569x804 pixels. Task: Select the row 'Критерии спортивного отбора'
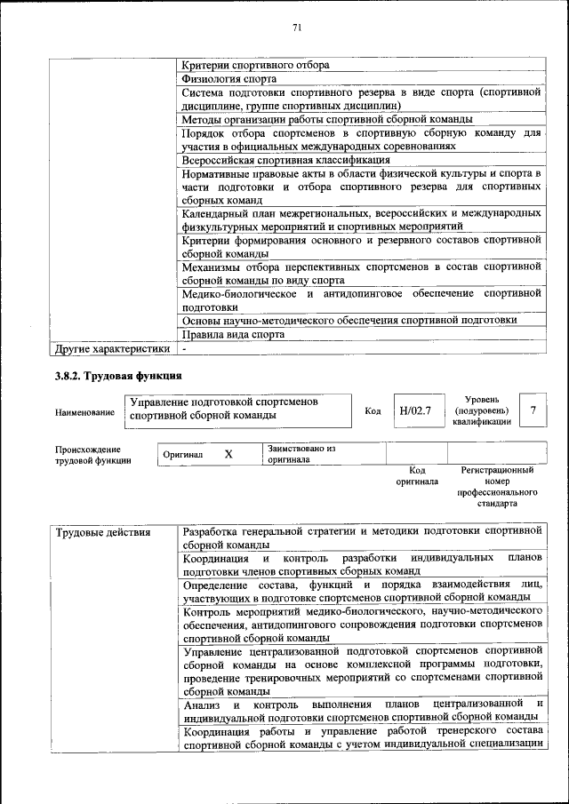[256, 66]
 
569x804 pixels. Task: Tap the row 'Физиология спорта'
[230, 79]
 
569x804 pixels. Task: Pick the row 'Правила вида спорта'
[234, 335]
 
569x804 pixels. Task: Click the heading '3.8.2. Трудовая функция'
[118, 376]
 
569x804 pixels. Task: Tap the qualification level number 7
[533, 410]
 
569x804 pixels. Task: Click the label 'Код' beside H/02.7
[373, 411]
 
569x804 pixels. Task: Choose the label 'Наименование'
[84, 412]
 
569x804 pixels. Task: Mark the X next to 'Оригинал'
[228, 454]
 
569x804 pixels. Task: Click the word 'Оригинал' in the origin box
[183, 455]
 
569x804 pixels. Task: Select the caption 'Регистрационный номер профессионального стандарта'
[497, 486]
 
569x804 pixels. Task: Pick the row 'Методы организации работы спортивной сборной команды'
[327, 119]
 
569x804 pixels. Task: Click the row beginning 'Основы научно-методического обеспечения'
[349, 321]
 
